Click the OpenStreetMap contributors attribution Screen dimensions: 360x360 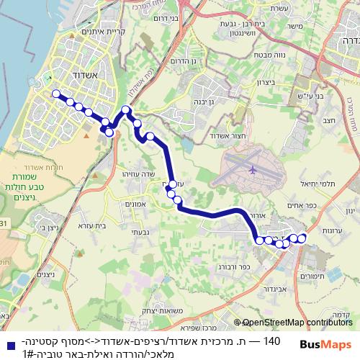[x=297, y=323]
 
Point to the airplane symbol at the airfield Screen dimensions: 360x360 [x=252, y=170]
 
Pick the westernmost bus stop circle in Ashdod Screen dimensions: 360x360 [x=55, y=93]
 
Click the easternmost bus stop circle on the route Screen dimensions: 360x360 [x=302, y=238]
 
